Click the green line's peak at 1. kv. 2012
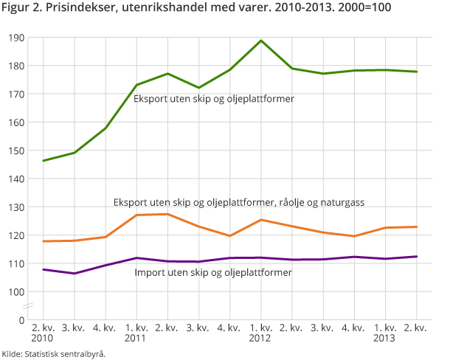click(260, 41)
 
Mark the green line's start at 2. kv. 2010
click(44, 160)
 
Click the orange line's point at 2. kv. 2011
click(167, 214)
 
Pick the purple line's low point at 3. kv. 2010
click(75, 274)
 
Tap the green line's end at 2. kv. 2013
click(416, 72)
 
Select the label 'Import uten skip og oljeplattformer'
click(212, 272)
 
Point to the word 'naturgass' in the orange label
click(342, 201)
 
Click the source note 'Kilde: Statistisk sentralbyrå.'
click(53, 353)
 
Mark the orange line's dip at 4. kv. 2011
click(229, 236)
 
